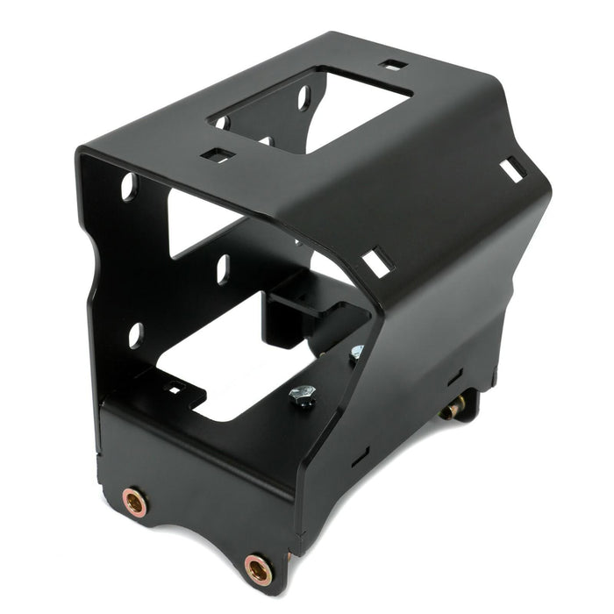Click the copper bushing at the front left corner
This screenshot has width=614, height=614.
pos(135,503)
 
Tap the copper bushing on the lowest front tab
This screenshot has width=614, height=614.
pos(258,568)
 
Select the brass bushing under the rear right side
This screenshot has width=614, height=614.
pos(453,408)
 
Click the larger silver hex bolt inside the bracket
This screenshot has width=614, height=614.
pos(302,397)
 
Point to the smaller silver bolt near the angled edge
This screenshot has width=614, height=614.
pos(356,353)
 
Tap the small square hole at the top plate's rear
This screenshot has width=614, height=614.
pos(394,64)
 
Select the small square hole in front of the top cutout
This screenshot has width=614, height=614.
pos(218,155)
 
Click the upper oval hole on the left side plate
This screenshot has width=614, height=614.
pos(129,186)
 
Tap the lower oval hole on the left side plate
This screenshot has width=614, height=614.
pos(135,335)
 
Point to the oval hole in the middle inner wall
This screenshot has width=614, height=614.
pos(223,268)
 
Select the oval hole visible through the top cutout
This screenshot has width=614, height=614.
pos(303,96)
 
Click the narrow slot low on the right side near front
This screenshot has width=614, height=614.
pos(360,457)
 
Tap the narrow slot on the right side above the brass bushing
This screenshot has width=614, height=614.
pos(453,377)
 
